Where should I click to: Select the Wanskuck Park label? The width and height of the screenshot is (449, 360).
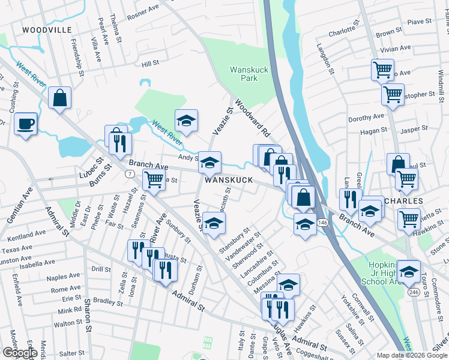click(x=244, y=74)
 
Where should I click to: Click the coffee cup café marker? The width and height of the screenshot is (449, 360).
click(x=25, y=124)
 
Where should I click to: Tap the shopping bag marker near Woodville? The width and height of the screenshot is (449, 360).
click(x=60, y=98)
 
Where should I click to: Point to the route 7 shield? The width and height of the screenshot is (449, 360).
click(x=129, y=173)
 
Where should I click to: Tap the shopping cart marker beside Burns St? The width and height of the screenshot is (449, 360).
click(x=154, y=179)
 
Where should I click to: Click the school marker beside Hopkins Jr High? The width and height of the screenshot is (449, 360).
click(x=409, y=272)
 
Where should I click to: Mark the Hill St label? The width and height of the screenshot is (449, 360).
click(x=150, y=63)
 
